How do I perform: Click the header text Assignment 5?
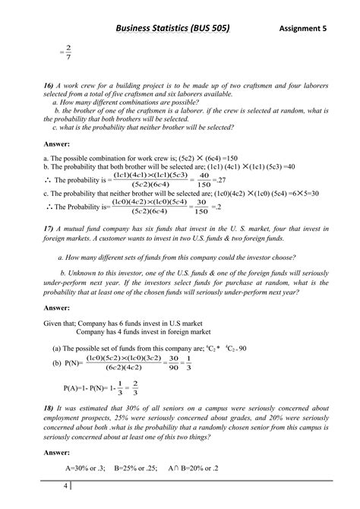(302, 28)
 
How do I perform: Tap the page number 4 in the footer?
(66, 484)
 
